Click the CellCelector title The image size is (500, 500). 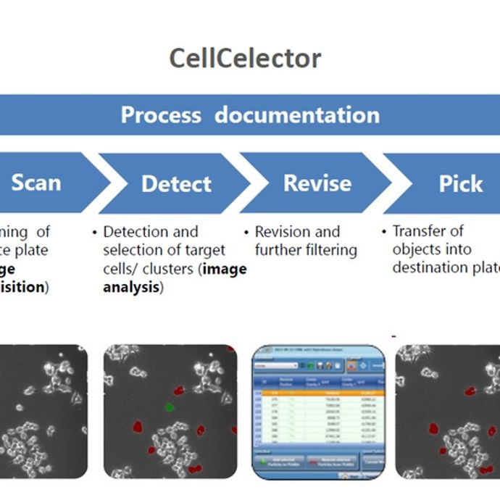tap(245, 58)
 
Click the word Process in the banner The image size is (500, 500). tap(162, 114)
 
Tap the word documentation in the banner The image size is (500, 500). tap(296, 114)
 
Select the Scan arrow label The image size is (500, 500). tap(36, 183)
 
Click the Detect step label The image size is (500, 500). tap(176, 183)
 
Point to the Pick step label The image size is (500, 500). tap(461, 183)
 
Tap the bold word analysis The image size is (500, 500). tap(130, 288)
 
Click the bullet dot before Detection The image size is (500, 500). tap(95, 233)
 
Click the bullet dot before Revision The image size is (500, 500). tap(246, 233)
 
